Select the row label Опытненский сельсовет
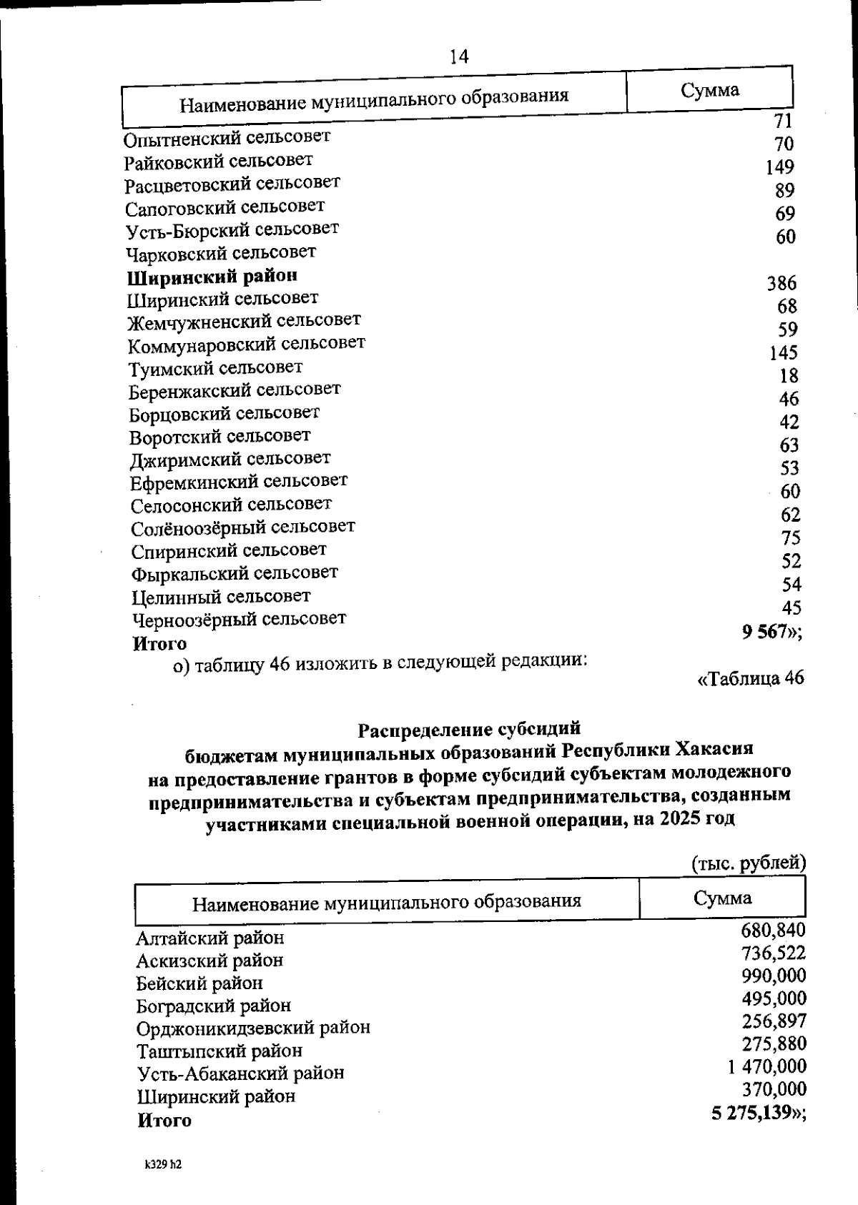(227, 137)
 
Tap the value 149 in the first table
(779, 167)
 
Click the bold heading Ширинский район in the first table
(212, 276)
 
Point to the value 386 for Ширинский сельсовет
(781, 284)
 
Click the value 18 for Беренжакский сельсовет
(789, 376)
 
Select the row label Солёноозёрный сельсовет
(243, 528)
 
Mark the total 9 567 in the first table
(766, 632)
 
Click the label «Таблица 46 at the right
(751, 678)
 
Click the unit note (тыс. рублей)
(749, 863)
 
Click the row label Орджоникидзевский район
(254, 1028)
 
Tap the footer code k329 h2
(164, 1165)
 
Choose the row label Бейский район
(199, 983)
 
